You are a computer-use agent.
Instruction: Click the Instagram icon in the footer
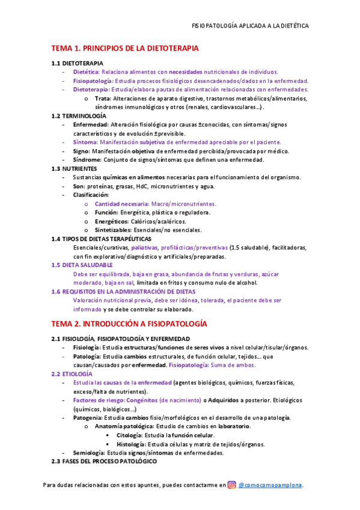(231, 485)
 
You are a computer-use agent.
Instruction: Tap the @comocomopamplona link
(270, 485)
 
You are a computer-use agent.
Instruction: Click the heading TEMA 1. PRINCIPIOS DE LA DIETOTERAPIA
(125, 48)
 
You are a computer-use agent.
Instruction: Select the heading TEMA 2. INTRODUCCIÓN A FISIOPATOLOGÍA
(129, 323)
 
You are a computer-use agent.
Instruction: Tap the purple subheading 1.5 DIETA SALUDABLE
(82, 265)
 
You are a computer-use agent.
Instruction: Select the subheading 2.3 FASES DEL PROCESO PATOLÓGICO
(104, 461)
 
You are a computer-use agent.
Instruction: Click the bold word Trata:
(103, 99)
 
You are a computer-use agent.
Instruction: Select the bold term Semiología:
(89, 452)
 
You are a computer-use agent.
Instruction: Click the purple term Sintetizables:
(111, 230)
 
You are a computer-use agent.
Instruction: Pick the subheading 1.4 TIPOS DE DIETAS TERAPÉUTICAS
(101, 239)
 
